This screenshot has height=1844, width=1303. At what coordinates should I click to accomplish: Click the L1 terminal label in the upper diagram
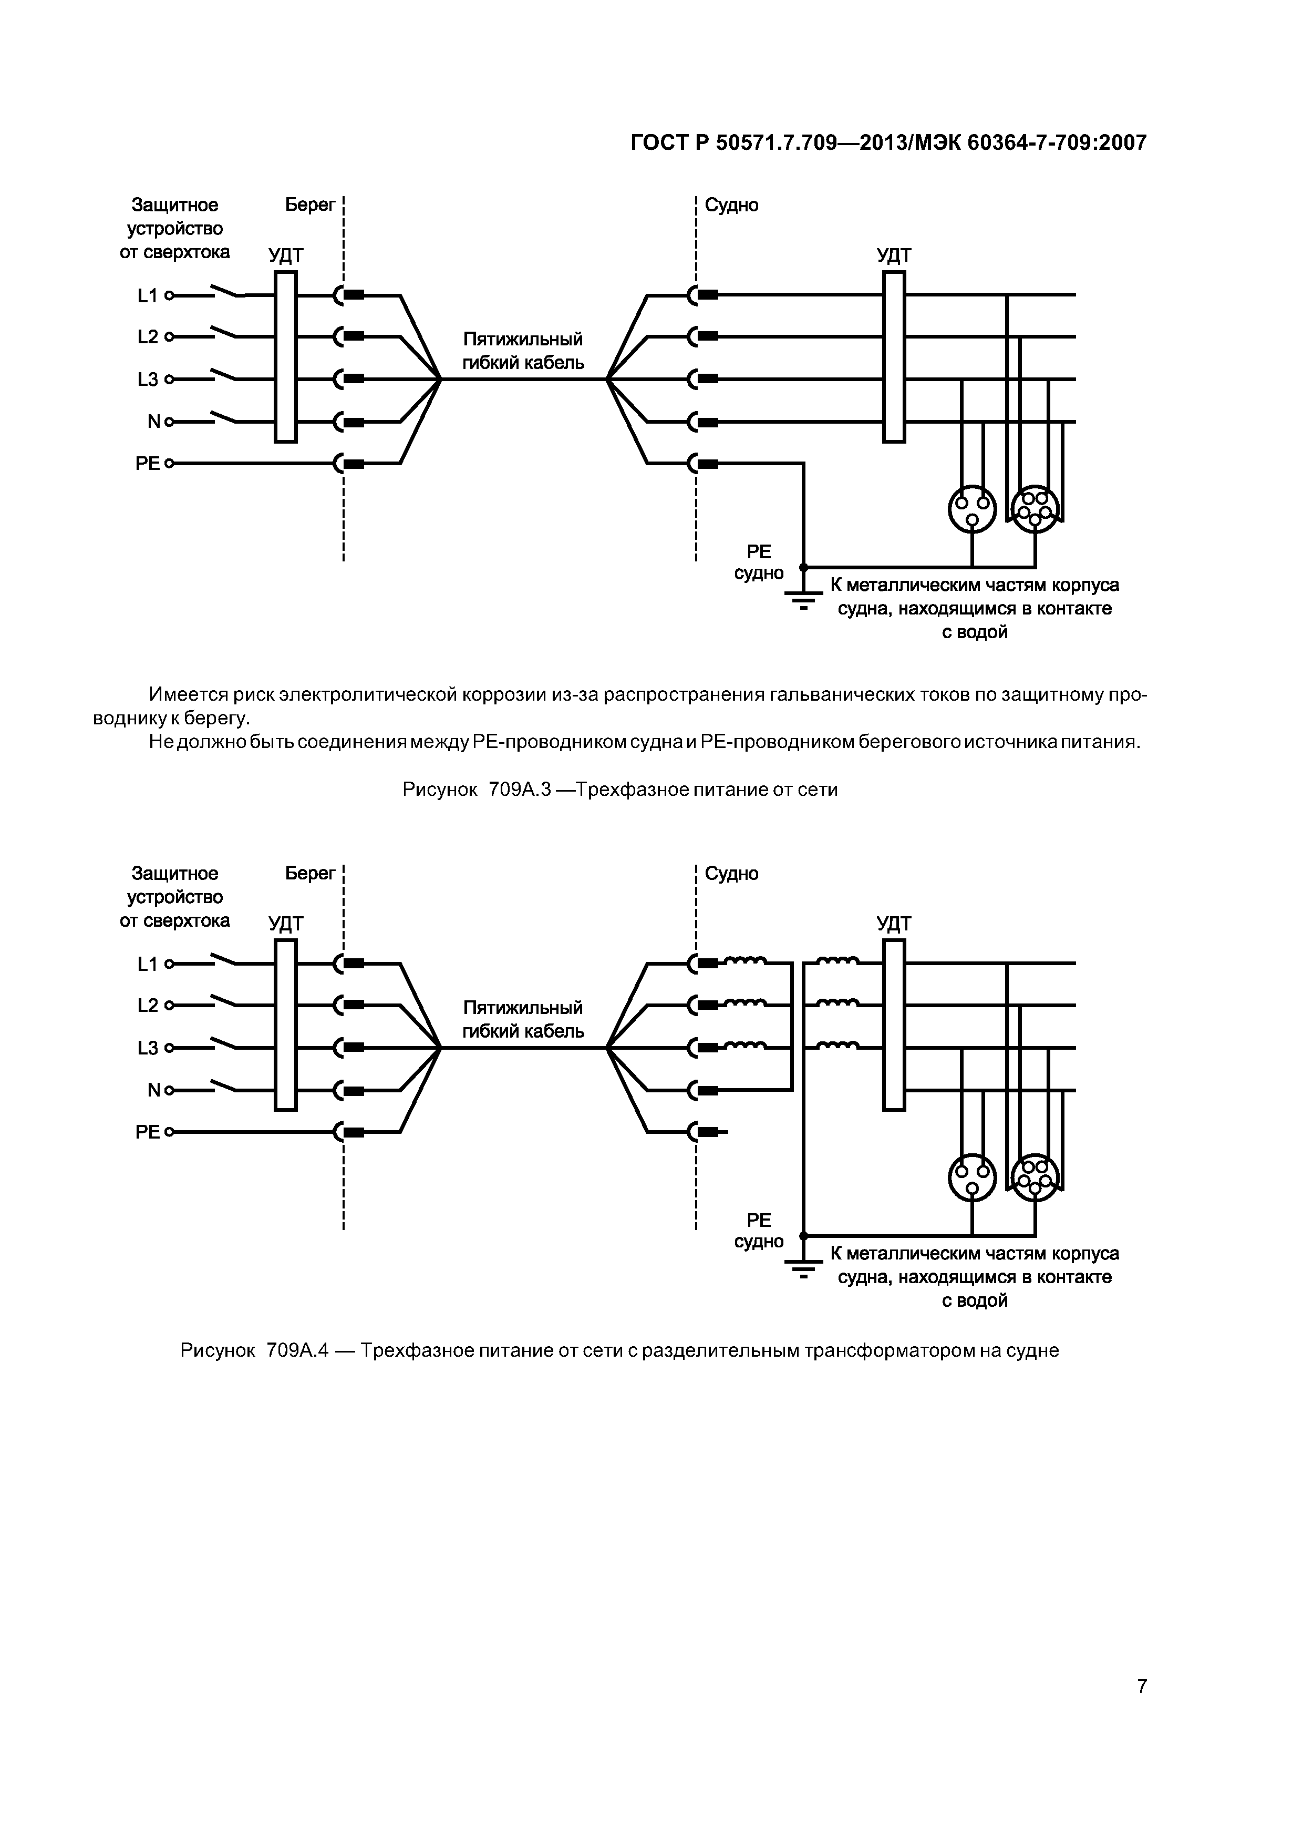148,295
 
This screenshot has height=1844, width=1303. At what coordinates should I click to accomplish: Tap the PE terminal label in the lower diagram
148,1132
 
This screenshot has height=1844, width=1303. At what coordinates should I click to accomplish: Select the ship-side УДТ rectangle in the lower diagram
894,1025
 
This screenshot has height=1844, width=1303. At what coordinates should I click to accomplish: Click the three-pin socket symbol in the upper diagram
972,508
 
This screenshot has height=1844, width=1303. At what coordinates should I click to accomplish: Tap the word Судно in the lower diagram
731,874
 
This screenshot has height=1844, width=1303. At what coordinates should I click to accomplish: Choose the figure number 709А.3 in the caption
519,790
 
